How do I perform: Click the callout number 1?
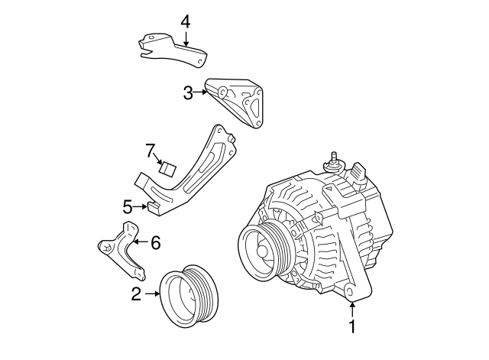[x=352, y=328]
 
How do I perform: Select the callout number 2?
[x=136, y=294]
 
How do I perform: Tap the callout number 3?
[x=188, y=93]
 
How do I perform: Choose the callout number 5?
[x=128, y=206]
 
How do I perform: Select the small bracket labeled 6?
[x=121, y=248]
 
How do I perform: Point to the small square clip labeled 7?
[x=167, y=167]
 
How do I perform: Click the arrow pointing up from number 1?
[x=352, y=310]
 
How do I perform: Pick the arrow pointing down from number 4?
[x=185, y=38]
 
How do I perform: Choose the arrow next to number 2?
[x=152, y=294]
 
